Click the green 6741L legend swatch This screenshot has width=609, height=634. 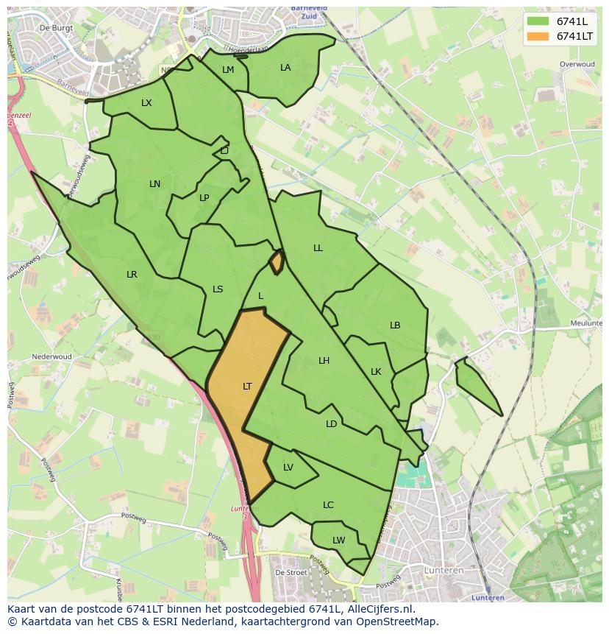[538, 21]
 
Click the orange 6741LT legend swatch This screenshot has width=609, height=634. [538, 36]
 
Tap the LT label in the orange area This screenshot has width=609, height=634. [247, 387]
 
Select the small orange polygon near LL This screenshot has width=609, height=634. [277, 262]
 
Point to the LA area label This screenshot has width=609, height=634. [285, 68]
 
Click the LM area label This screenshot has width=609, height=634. [228, 70]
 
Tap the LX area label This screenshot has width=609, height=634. [146, 103]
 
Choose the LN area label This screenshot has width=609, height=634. [154, 184]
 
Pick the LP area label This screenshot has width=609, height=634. [204, 198]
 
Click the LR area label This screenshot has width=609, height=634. [132, 275]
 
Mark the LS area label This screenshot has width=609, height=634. [218, 289]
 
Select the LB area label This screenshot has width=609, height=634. [395, 325]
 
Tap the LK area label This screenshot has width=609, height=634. [376, 372]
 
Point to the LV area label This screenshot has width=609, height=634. [288, 468]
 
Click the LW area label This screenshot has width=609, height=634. [338, 540]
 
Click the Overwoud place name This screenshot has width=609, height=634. [577, 65]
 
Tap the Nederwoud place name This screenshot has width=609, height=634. [51, 357]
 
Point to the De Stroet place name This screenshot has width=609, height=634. [290, 571]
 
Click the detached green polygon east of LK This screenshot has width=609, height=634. [474, 383]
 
